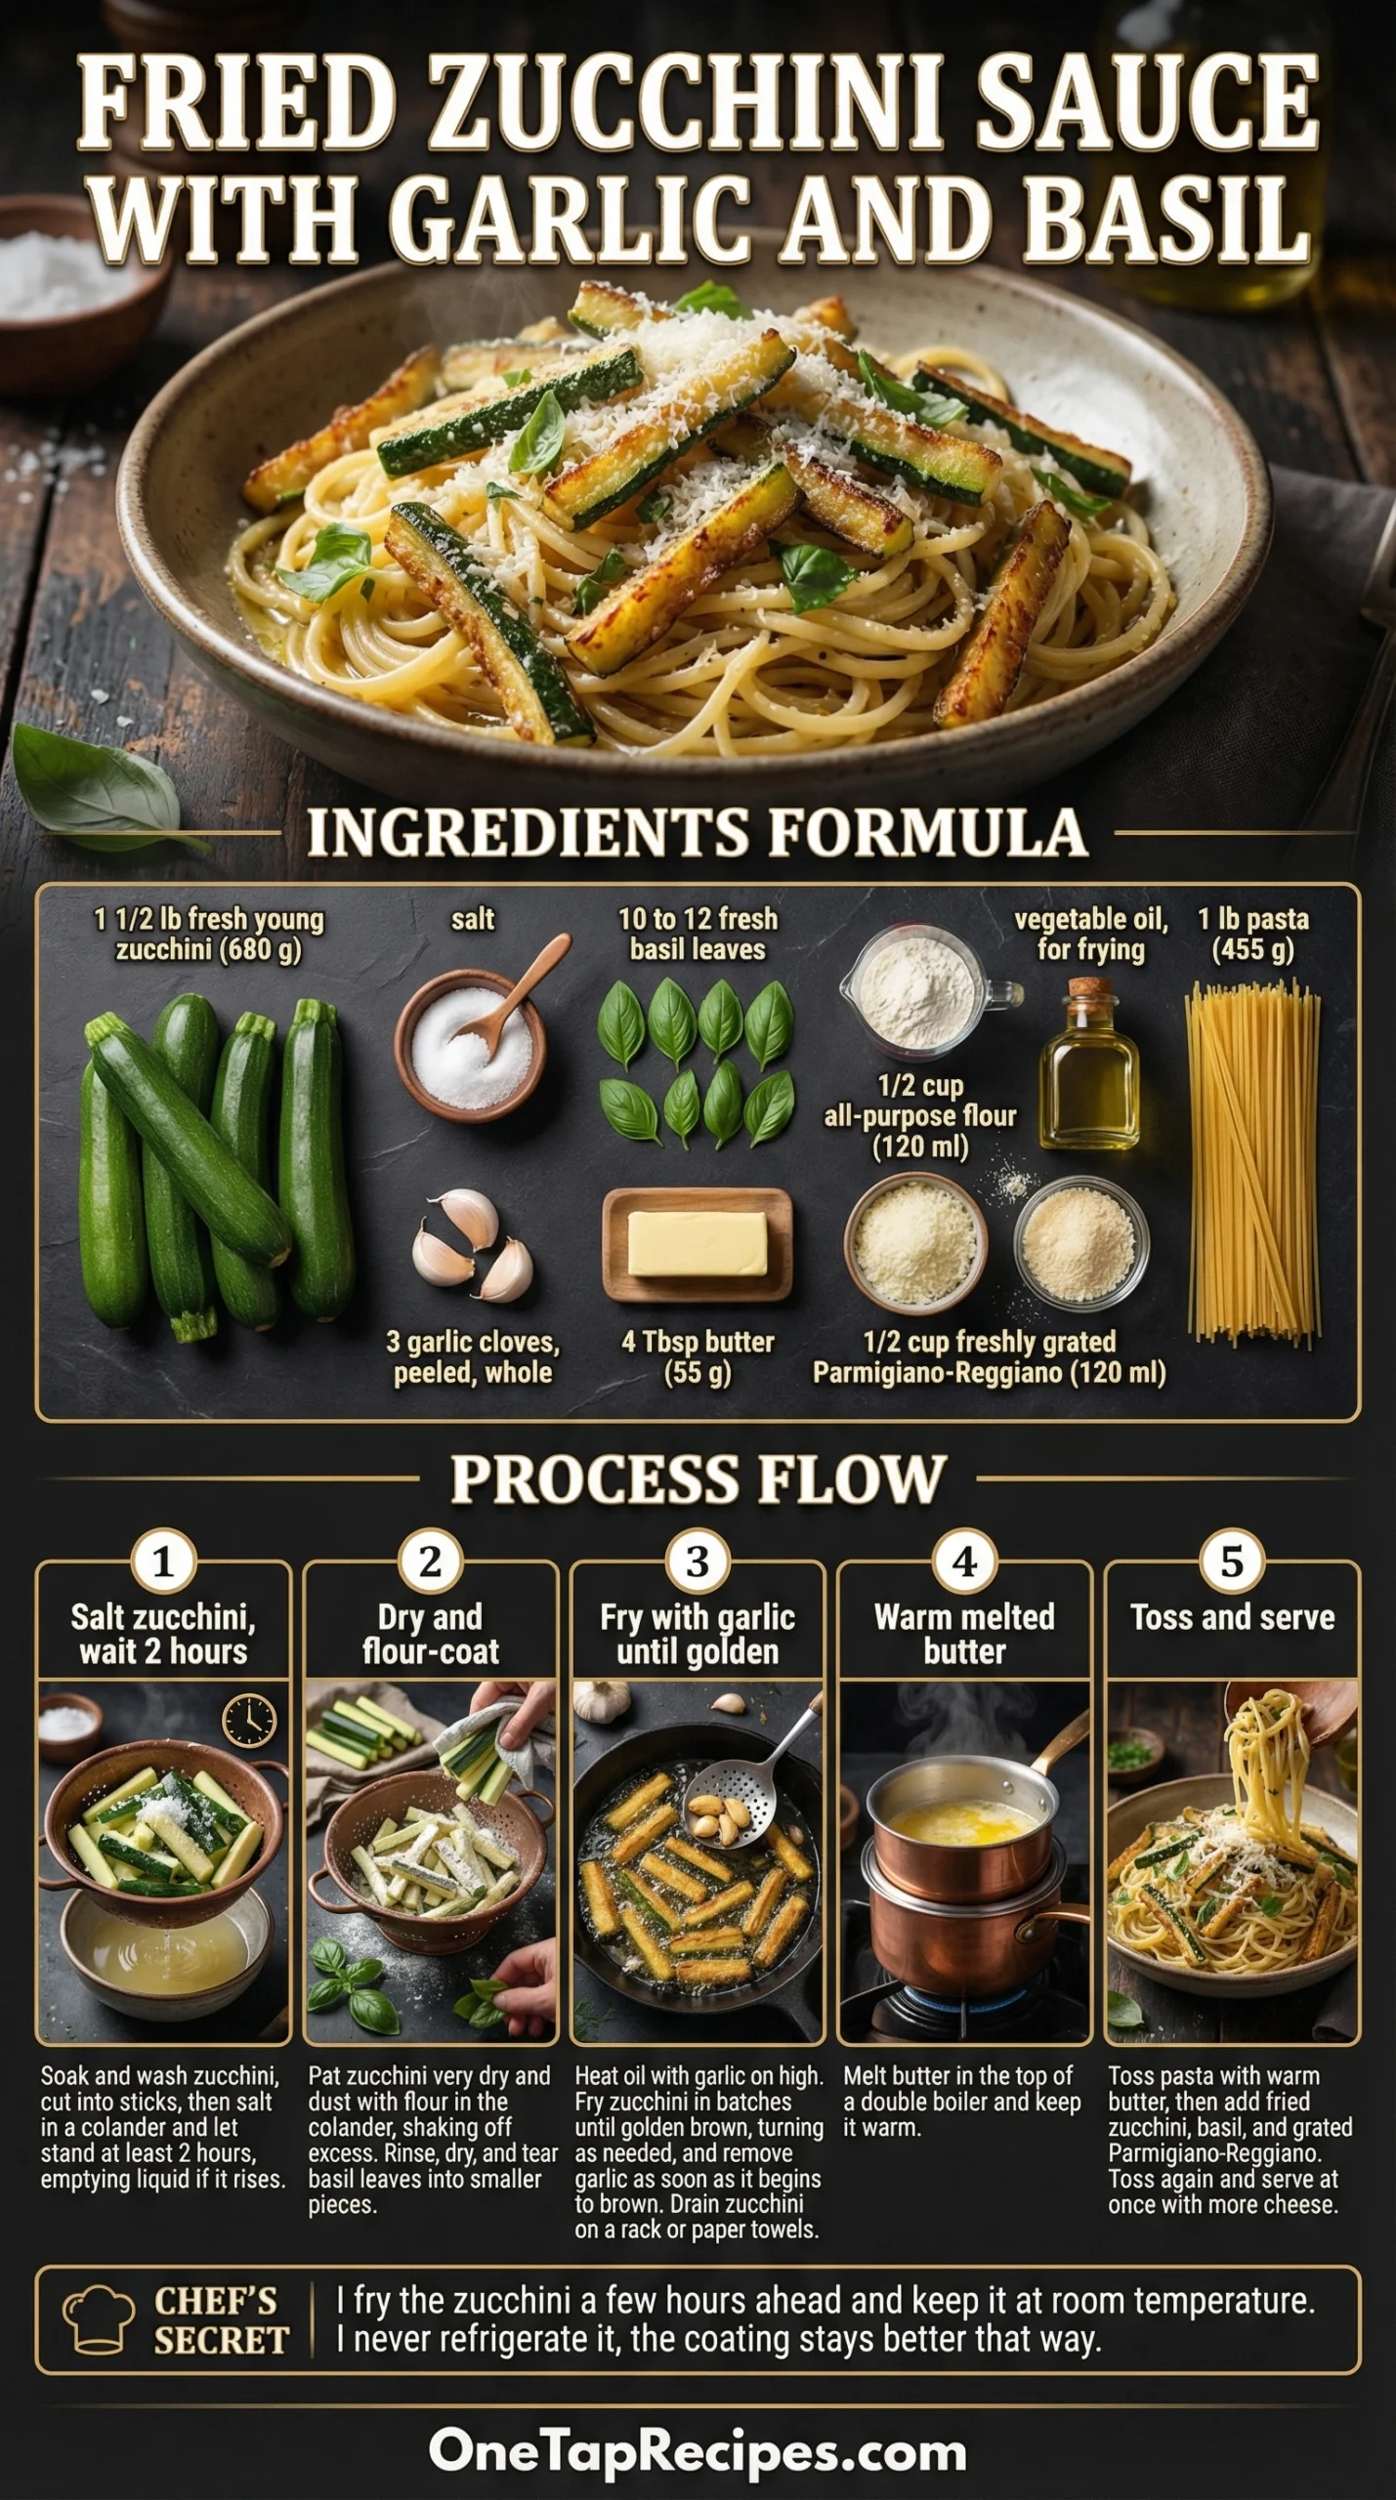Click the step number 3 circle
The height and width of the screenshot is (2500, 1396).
point(697,1562)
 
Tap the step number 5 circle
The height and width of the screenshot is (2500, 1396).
point(1232,1562)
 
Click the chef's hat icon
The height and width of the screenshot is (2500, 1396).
point(99,2319)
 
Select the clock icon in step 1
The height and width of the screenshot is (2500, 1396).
point(249,1721)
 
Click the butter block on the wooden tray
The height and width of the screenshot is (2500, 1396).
point(697,1243)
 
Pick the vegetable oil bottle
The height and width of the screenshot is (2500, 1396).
point(1089,1063)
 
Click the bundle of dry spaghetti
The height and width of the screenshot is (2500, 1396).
point(1253,1163)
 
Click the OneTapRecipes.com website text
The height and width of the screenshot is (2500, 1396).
point(698,2451)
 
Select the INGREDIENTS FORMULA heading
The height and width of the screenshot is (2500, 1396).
point(698,833)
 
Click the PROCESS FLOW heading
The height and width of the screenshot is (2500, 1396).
point(698,1479)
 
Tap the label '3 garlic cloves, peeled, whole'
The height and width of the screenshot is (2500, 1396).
point(473,1356)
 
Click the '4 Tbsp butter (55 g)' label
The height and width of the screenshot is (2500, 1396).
point(698,1356)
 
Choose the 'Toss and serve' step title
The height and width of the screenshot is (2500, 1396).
point(1232,1617)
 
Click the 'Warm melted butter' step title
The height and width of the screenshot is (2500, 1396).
point(964,1634)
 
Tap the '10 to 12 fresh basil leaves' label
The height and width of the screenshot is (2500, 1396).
point(698,934)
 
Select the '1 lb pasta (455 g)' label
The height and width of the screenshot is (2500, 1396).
point(1253,934)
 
